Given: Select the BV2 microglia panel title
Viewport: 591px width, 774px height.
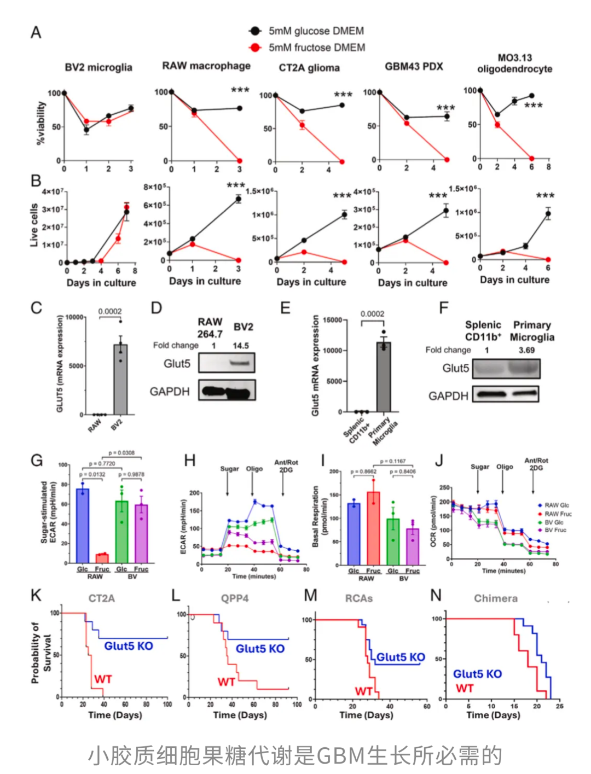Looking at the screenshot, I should pyautogui.click(x=99, y=67).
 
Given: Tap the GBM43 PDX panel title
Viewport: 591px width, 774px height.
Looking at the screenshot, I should pyautogui.click(x=414, y=66).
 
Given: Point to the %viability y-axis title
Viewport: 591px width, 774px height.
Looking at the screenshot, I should pyautogui.click(x=40, y=123).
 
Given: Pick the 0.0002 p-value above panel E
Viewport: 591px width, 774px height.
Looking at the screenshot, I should pyautogui.click(x=372, y=314).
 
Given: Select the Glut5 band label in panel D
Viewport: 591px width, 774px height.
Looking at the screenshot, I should pyautogui.click(x=177, y=364).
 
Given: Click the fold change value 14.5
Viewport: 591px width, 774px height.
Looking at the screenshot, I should pyautogui.click(x=241, y=346).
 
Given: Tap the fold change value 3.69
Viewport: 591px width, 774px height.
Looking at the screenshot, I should pyautogui.click(x=526, y=350).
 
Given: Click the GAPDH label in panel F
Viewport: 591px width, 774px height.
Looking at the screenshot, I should pyautogui.click(x=448, y=395).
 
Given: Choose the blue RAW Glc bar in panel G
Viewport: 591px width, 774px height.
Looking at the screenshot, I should pyautogui.click(x=83, y=525).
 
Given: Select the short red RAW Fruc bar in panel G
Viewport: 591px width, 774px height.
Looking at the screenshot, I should pyautogui.click(x=102, y=558).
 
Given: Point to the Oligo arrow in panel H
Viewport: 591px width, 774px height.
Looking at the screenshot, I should pyautogui.click(x=254, y=481).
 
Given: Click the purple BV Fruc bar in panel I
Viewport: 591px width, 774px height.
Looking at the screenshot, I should pyautogui.click(x=413, y=546).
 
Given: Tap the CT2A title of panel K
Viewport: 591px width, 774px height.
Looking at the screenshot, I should pyautogui.click(x=102, y=598).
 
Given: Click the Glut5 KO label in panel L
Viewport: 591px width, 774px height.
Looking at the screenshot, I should pyautogui.click(x=260, y=649).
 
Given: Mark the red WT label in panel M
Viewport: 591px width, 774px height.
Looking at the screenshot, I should pyautogui.click(x=364, y=691).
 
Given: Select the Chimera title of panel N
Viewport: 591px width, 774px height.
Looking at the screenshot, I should pyautogui.click(x=495, y=598).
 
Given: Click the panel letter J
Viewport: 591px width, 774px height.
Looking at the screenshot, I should pyautogui.click(x=439, y=461).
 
